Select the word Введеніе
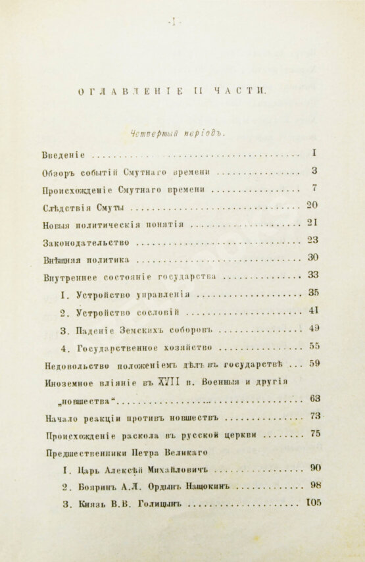(x=64, y=155)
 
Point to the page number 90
(x=315, y=468)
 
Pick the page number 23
(x=313, y=240)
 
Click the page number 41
(x=314, y=310)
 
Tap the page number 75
(x=315, y=433)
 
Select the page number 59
(x=315, y=363)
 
